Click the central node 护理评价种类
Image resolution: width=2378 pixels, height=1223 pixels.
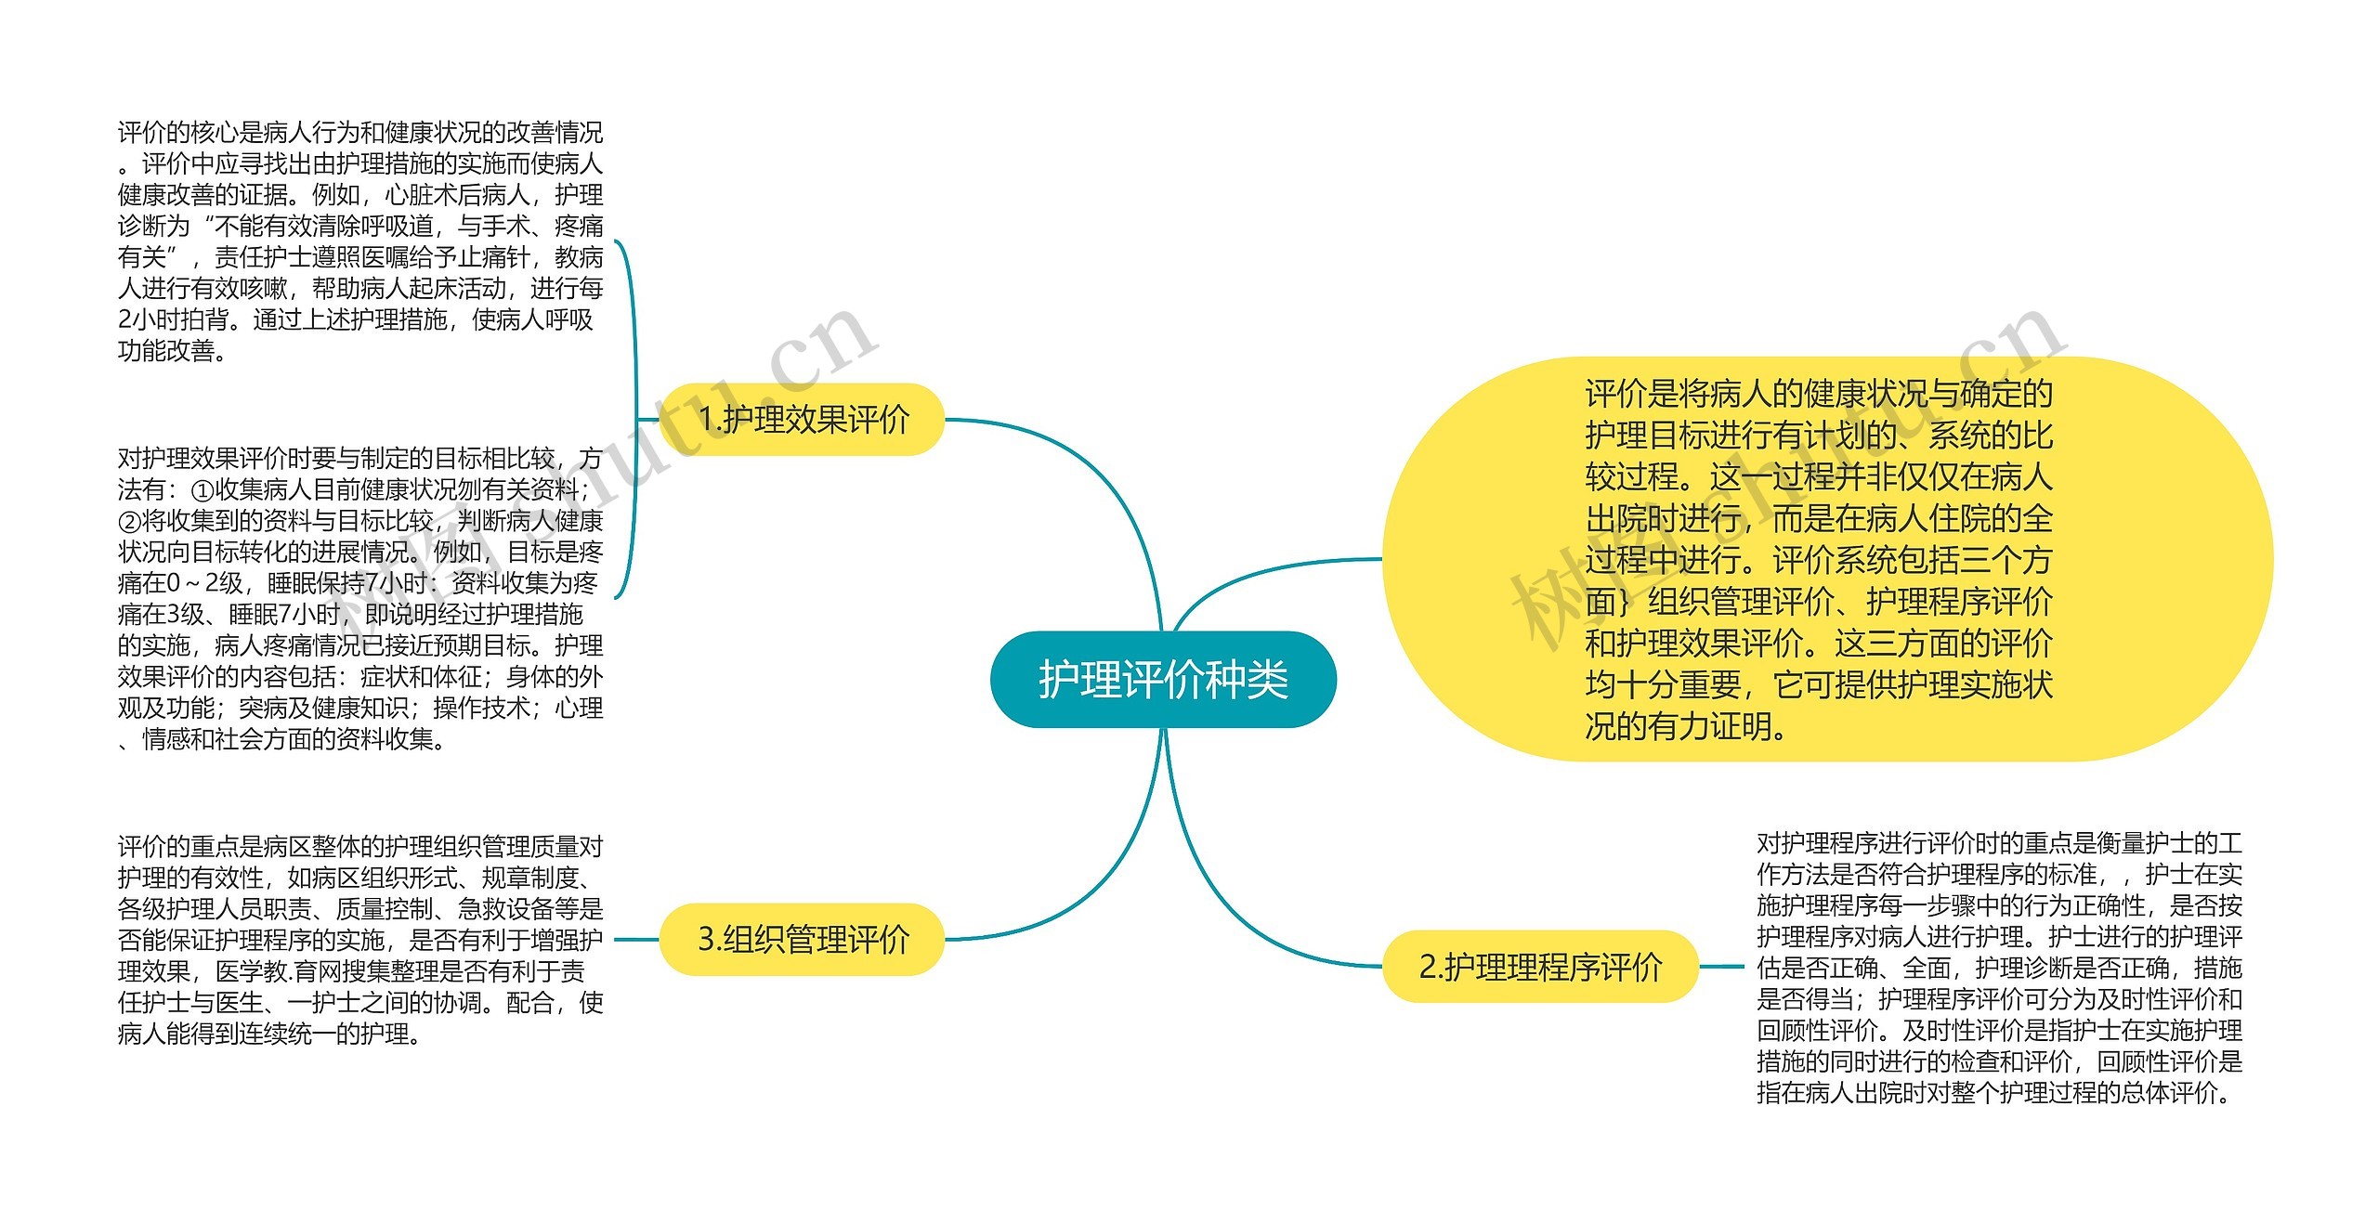[1163, 680]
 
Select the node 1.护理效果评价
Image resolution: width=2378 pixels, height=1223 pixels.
[803, 420]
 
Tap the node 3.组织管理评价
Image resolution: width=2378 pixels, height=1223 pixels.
[803, 940]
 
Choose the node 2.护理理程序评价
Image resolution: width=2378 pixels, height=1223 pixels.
[1540, 968]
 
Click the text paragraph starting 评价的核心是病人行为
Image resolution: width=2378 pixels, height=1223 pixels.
[360, 241]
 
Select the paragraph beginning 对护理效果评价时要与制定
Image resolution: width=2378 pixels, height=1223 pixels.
[360, 599]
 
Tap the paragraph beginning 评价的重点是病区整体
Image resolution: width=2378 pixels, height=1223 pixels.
[360, 940]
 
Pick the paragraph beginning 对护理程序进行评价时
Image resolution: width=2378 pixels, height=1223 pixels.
[1999, 968]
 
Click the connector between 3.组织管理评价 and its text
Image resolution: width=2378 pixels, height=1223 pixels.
[636, 940]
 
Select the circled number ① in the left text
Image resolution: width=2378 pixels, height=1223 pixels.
[202, 490]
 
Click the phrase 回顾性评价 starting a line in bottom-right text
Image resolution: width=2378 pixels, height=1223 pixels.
[1817, 1031]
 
